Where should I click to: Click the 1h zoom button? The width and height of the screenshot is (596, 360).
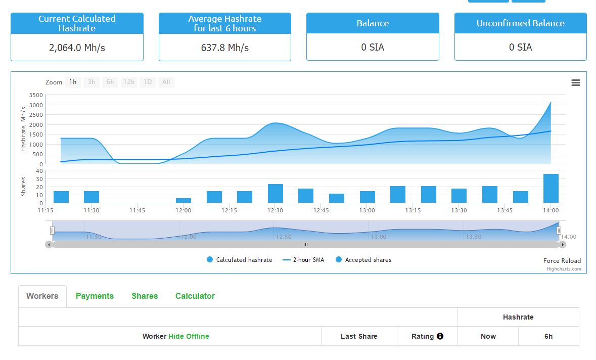click(73, 82)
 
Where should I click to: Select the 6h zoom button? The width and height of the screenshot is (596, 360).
click(110, 82)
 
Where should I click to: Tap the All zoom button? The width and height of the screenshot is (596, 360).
click(166, 82)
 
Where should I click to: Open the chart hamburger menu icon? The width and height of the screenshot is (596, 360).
click(575, 83)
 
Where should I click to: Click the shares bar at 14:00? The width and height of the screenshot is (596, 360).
click(551, 189)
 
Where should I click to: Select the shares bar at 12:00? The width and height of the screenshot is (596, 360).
click(184, 200)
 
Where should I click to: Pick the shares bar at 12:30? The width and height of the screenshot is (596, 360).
click(276, 194)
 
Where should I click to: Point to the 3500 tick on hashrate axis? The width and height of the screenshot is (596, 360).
click(36, 95)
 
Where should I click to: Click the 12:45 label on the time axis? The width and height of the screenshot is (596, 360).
click(322, 210)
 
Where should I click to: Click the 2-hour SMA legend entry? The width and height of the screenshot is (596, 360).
click(304, 260)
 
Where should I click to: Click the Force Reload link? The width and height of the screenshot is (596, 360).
click(562, 261)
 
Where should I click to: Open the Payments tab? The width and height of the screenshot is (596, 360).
click(95, 296)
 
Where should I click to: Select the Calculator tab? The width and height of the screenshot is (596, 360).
click(195, 296)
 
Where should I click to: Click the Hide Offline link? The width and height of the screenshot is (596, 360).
click(189, 336)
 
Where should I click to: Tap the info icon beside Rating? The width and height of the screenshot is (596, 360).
click(440, 336)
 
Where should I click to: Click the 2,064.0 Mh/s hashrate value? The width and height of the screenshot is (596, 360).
click(77, 48)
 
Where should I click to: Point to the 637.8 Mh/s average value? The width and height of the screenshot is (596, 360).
click(225, 48)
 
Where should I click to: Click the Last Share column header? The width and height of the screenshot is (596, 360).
click(359, 336)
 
